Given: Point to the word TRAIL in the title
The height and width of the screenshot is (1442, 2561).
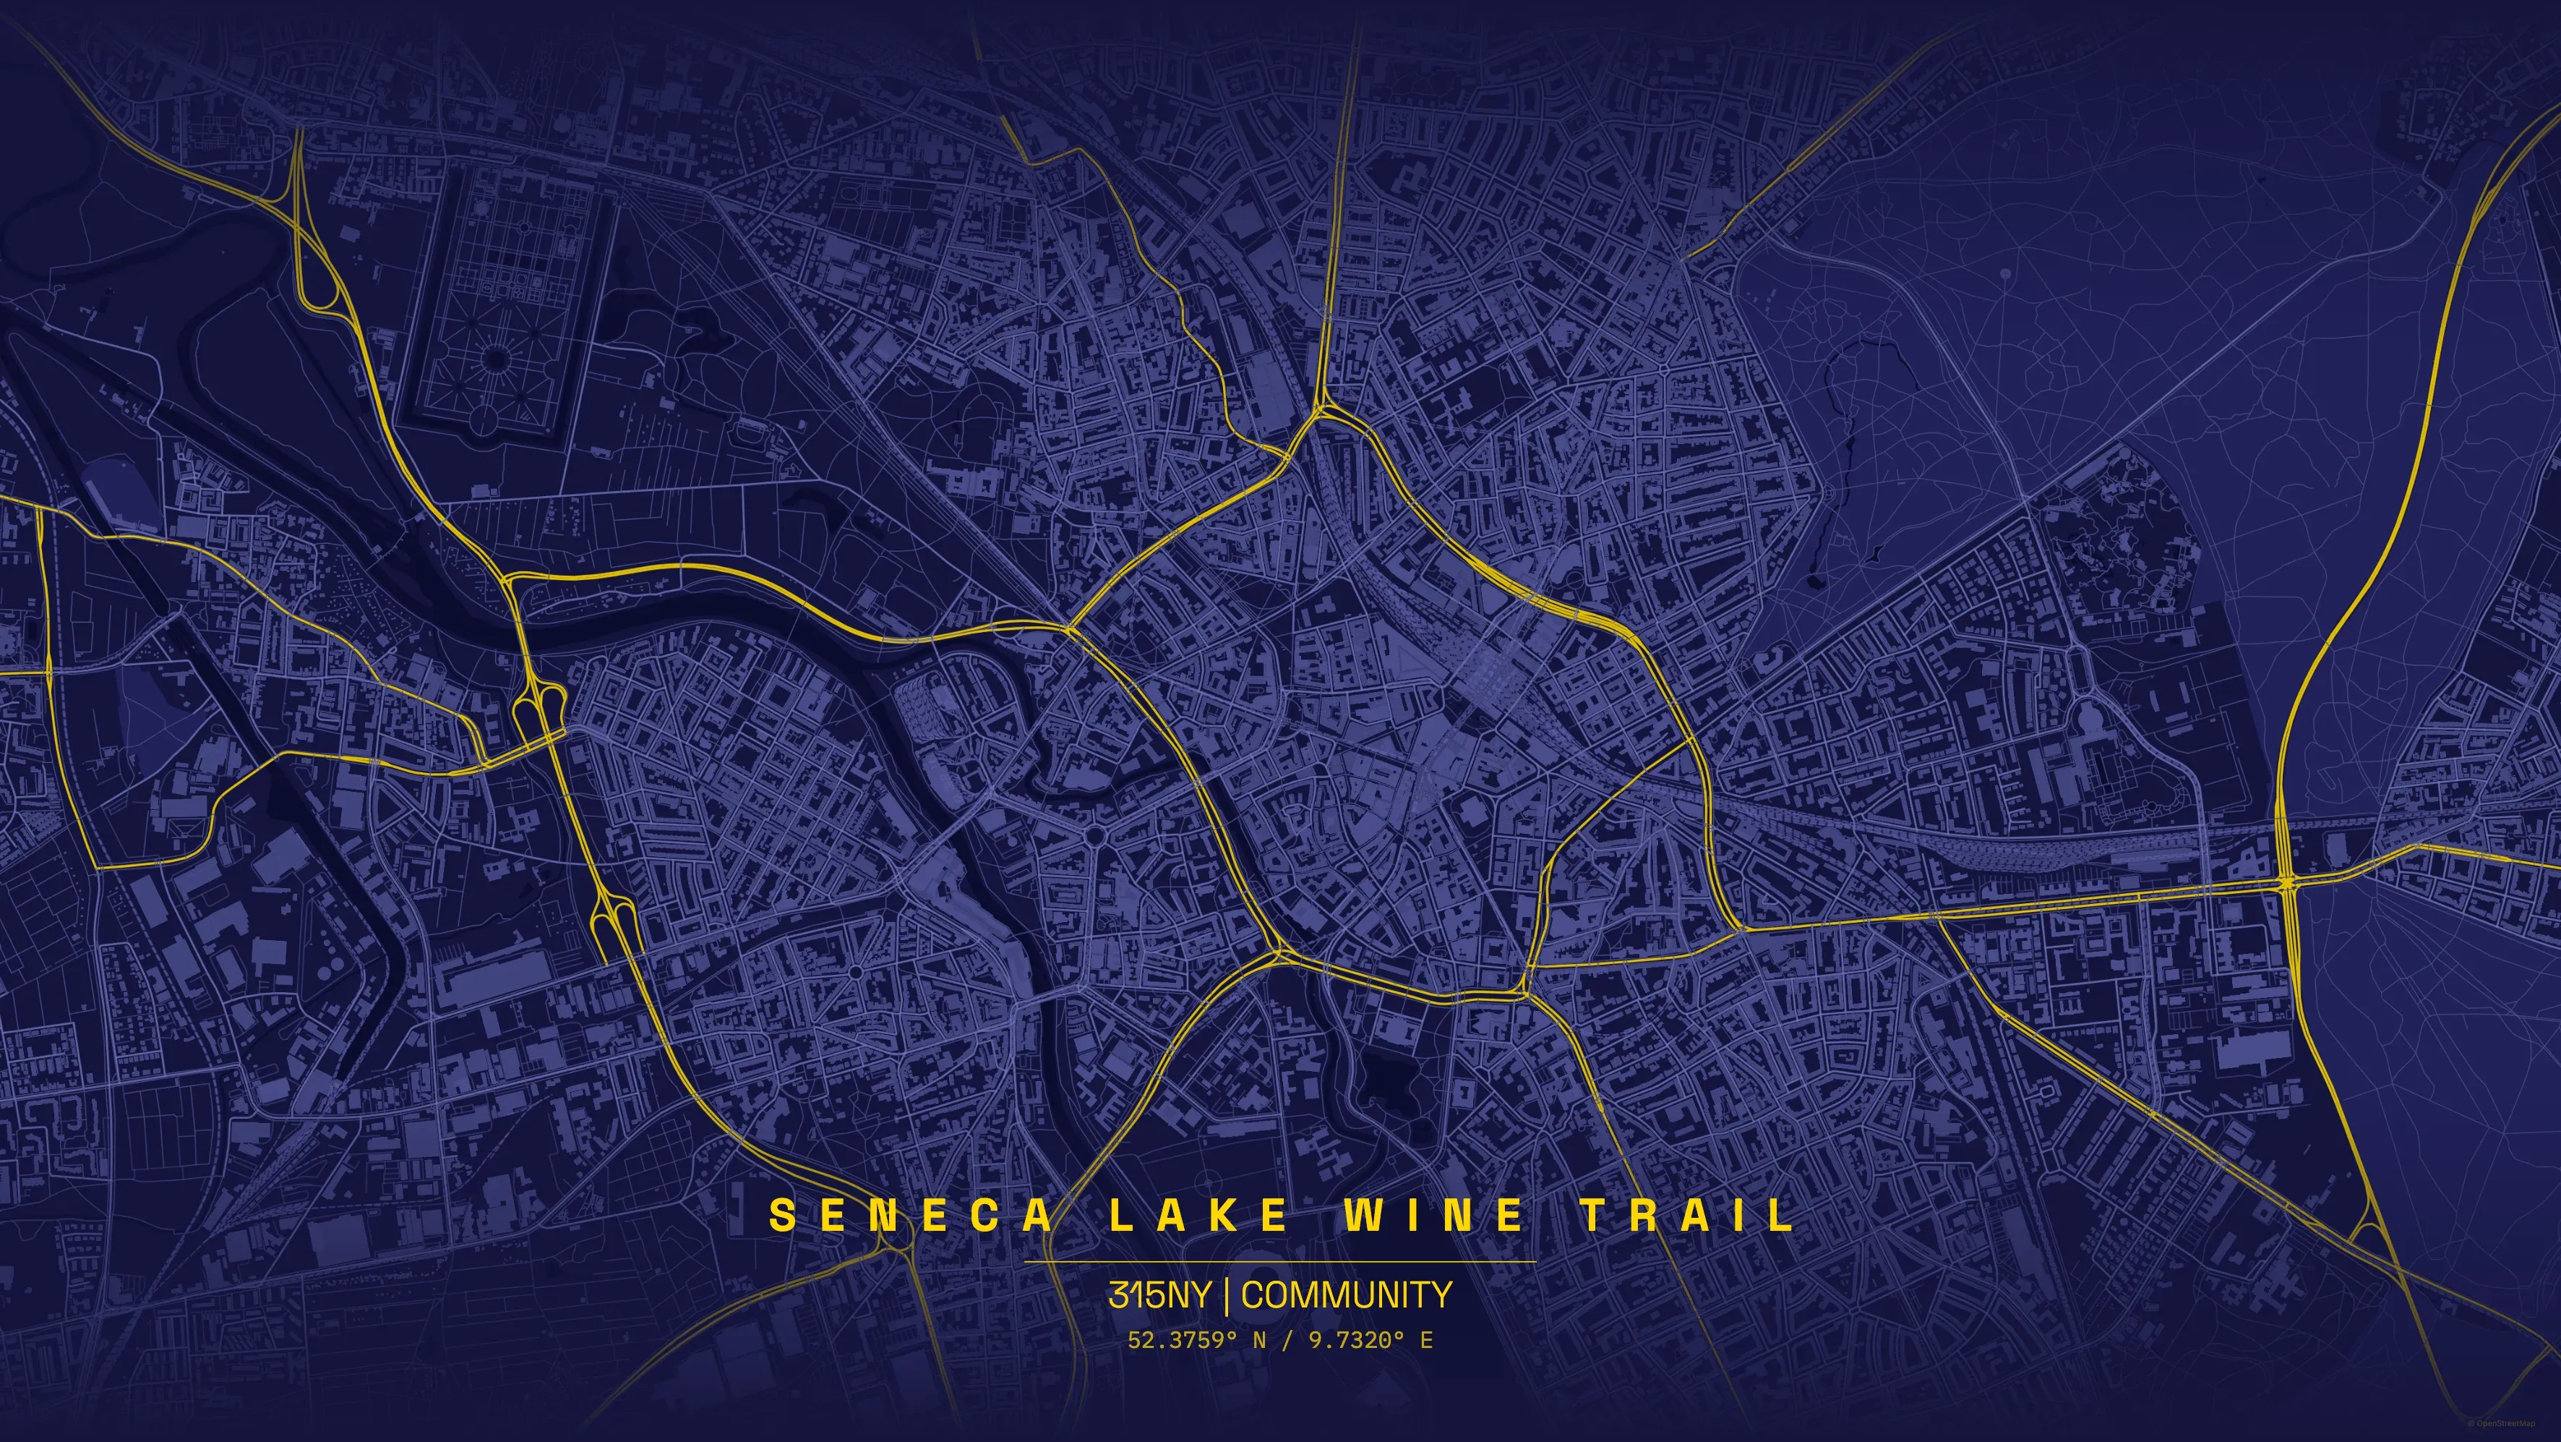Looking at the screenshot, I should click(x=1687, y=1214).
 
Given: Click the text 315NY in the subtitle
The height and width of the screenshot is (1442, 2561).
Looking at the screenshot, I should click(x=1159, y=1294).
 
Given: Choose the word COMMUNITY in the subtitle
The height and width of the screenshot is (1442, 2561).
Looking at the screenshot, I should click(x=1346, y=1294).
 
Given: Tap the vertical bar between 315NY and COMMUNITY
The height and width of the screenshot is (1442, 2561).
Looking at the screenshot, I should click(x=1227, y=1294).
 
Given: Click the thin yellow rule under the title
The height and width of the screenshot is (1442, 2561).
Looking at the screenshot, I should click(x=1279, y=1262).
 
